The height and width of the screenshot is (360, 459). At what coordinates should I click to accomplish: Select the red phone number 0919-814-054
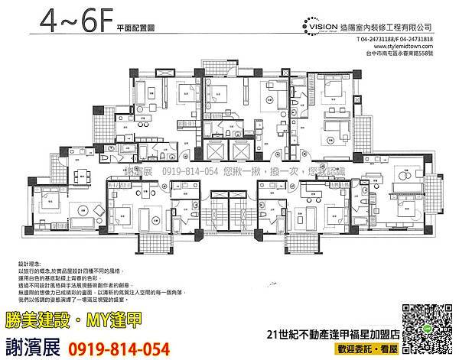coord(121,349)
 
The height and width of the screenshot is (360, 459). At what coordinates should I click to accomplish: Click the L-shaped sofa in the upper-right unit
coord(337,126)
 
